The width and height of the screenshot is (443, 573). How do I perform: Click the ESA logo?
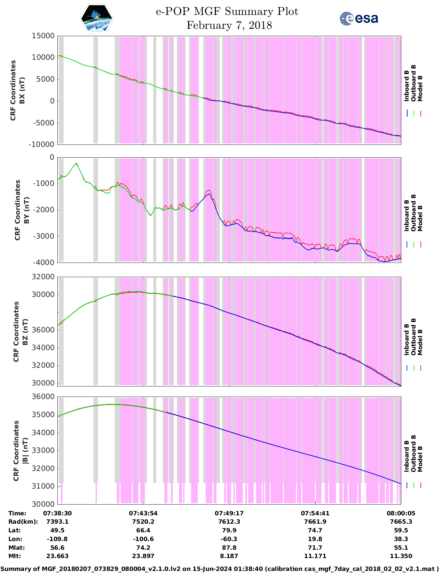pyautogui.click(x=359, y=18)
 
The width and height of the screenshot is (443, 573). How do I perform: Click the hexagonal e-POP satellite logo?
pyautogui.click(x=97, y=18)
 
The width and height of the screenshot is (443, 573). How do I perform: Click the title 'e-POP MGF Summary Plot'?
pyautogui.click(x=227, y=11)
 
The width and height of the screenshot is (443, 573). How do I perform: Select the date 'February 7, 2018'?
pyautogui.click(x=229, y=25)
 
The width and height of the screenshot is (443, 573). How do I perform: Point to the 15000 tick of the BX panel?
pyautogui.click(x=43, y=36)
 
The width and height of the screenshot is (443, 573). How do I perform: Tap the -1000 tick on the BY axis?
pyautogui.click(x=45, y=183)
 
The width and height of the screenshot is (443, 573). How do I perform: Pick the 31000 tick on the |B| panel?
pyautogui.click(x=43, y=486)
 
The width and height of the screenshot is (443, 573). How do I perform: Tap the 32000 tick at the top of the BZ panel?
pyautogui.click(x=43, y=277)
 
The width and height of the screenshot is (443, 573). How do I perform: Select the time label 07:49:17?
pyautogui.click(x=229, y=513)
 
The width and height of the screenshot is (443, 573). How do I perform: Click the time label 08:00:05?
pyautogui.click(x=401, y=513)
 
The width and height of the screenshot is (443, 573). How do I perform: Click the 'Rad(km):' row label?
pyautogui.click(x=23, y=522)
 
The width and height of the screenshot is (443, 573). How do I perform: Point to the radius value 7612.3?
pyautogui.click(x=229, y=522)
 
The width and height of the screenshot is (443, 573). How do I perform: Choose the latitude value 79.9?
pyautogui.click(x=229, y=530)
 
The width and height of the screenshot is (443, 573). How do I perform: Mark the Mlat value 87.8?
pyautogui.click(x=229, y=548)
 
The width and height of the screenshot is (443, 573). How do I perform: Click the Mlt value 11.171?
pyautogui.click(x=315, y=556)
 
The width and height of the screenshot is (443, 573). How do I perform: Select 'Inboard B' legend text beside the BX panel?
pyautogui.click(x=407, y=86)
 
